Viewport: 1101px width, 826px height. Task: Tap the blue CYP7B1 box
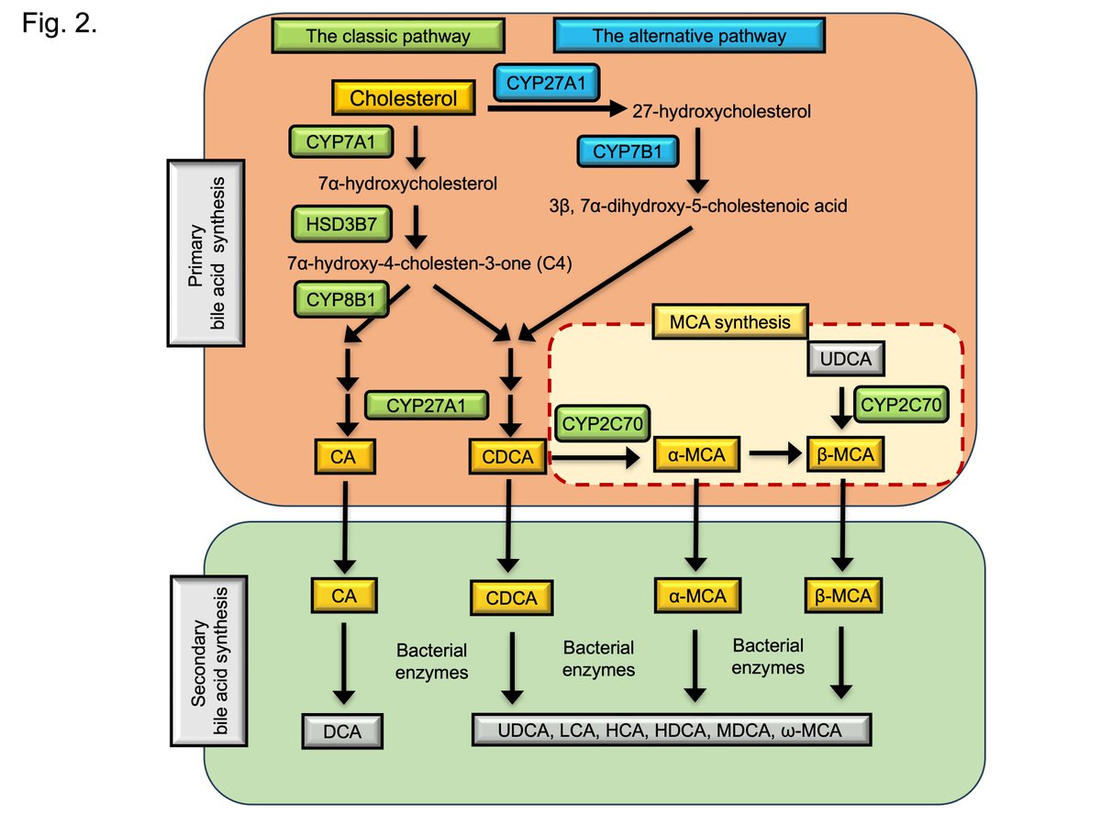pyautogui.click(x=628, y=151)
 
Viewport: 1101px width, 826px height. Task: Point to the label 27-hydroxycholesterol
pyautogui.click(x=722, y=113)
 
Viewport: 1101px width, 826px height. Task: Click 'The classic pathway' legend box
pyautogui.click(x=388, y=37)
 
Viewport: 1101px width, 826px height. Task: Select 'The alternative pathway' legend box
pyautogui.click(x=689, y=37)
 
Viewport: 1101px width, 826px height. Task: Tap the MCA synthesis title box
pyautogui.click(x=730, y=322)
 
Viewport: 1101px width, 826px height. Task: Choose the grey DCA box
pyautogui.click(x=342, y=731)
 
